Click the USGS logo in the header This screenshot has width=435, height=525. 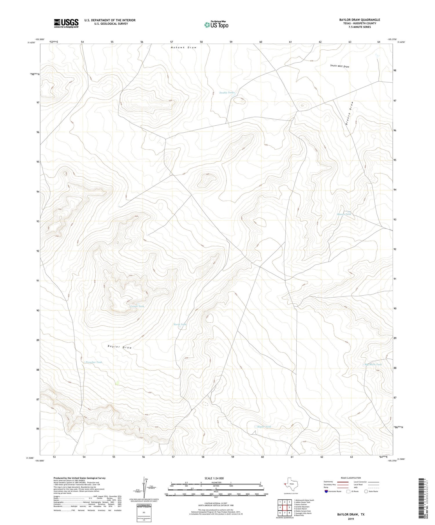pos(66,23)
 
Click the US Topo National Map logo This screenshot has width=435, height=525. pos(216,25)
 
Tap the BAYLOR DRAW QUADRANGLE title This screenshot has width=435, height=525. pos(359,20)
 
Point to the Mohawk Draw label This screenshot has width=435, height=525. pos(183,47)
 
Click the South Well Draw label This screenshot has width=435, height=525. pos(339,66)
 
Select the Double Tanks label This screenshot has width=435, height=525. pos(227,93)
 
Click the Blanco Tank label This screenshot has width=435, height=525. pos(344,214)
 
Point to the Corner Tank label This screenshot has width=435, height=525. pos(137,306)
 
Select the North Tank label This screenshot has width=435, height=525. pos(180,324)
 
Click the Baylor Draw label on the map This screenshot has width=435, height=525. pos(119,347)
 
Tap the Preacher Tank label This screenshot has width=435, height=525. pos(94,362)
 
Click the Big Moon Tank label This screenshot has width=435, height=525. pos(373,365)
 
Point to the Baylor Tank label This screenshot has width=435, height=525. pos(264,427)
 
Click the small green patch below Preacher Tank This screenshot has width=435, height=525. pos(117,383)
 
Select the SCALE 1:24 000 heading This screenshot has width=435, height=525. pos(216,478)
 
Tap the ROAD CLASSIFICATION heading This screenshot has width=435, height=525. pos(351,478)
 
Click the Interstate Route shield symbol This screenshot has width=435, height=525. pos(326,491)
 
